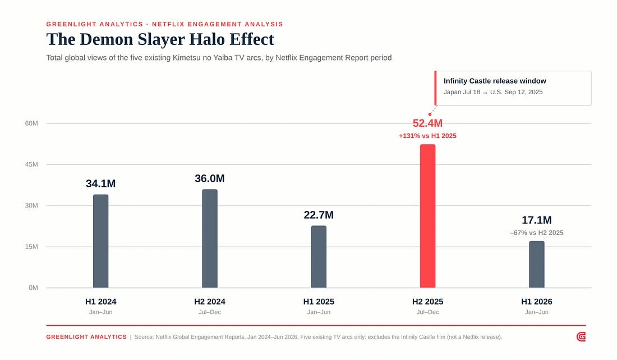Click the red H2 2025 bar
(x=427, y=216)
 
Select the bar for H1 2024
(x=101, y=241)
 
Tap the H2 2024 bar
(x=210, y=238)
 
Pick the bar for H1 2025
(x=319, y=256)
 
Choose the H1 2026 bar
(x=537, y=265)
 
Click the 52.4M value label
(x=428, y=123)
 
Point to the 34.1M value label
(x=101, y=183)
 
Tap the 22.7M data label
(x=319, y=215)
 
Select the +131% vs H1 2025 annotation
(x=428, y=136)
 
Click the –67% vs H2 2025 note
(x=537, y=233)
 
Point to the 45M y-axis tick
(x=31, y=164)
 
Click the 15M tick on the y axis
(x=31, y=247)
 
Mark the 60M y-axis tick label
(x=31, y=123)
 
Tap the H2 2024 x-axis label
(x=210, y=301)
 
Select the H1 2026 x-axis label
(x=537, y=301)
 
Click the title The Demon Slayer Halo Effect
(x=160, y=39)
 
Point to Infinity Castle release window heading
(x=495, y=81)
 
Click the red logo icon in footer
(x=581, y=337)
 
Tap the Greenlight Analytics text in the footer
(x=86, y=337)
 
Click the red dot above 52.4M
(x=430, y=114)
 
